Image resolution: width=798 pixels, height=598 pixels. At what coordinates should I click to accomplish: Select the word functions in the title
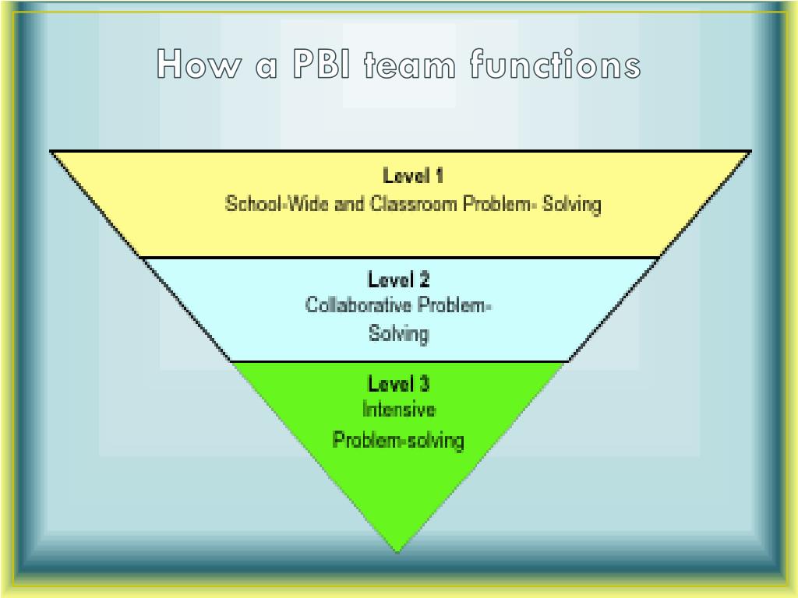[x=555, y=65]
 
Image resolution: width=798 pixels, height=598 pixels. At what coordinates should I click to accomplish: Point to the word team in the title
[x=411, y=65]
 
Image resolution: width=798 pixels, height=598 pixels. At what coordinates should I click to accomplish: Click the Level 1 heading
[x=413, y=176]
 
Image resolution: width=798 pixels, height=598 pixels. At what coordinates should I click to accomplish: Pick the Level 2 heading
[x=398, y=279]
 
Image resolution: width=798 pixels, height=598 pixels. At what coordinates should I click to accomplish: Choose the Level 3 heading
[x=398, y=384]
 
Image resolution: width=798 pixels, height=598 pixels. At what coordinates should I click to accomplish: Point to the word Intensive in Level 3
[x=398, y=410]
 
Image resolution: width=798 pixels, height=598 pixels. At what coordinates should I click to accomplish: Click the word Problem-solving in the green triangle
[x=398, y=440]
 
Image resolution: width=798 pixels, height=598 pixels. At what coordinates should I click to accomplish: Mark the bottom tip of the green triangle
[x=397, y=552]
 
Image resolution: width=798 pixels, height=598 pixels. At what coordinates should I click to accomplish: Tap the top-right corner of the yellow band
[x=749, y=152]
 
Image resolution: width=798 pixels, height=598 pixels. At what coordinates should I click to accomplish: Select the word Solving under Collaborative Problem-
[x=398, y=334]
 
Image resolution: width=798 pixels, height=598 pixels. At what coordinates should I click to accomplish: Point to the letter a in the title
[x=266, y=66]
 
